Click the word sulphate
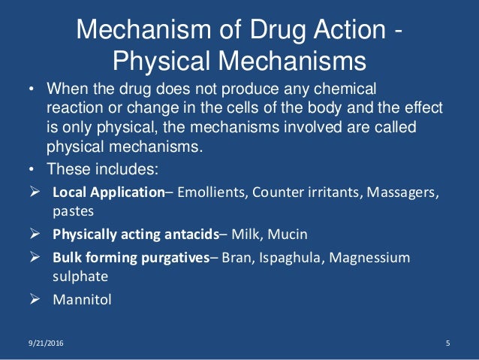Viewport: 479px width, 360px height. (x=77, y=275)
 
